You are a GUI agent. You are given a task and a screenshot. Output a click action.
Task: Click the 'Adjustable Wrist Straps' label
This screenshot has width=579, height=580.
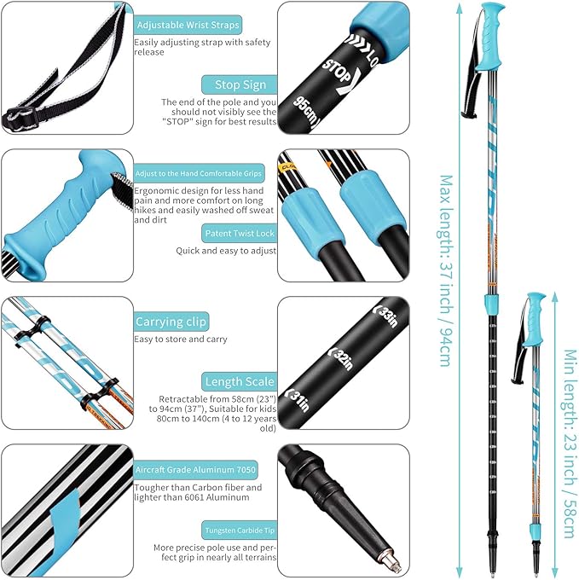point(188,25)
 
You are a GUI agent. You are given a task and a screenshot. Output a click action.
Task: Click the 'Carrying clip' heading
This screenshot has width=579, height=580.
point(171,322)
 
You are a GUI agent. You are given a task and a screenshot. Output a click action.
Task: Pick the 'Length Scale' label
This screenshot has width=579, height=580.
point(240,381)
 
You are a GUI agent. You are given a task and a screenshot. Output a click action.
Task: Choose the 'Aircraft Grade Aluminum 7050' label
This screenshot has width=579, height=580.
point(195,470)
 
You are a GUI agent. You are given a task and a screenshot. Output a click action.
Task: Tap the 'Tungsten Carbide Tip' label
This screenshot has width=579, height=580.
point(238,530)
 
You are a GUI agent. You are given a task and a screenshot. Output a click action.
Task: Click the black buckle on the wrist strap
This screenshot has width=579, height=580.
point(16,115)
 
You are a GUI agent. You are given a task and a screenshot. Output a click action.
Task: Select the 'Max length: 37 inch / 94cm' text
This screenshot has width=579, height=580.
point(444,270)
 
